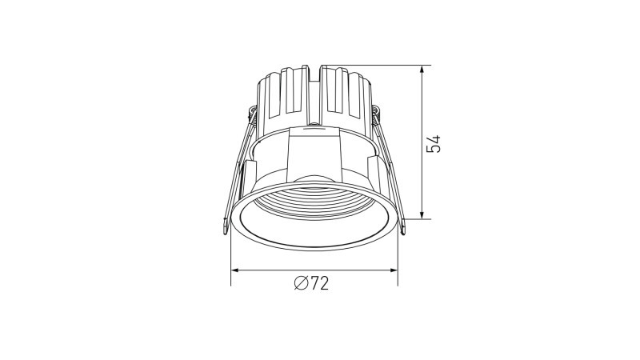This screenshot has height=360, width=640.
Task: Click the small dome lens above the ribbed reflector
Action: click(314, 179)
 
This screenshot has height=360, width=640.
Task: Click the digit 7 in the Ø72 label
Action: click(314, 283)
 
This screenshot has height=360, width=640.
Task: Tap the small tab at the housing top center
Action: click(314, 127)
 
